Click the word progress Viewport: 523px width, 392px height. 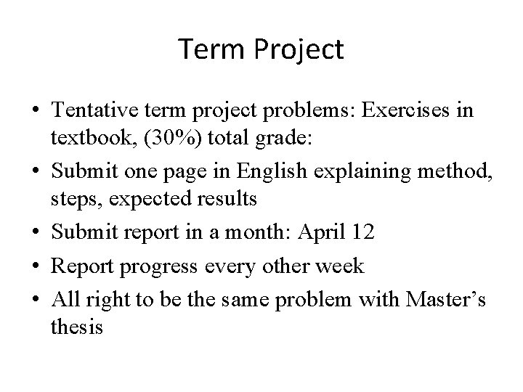click(x=160, y=266)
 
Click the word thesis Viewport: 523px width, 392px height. click(x=77, y=327)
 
